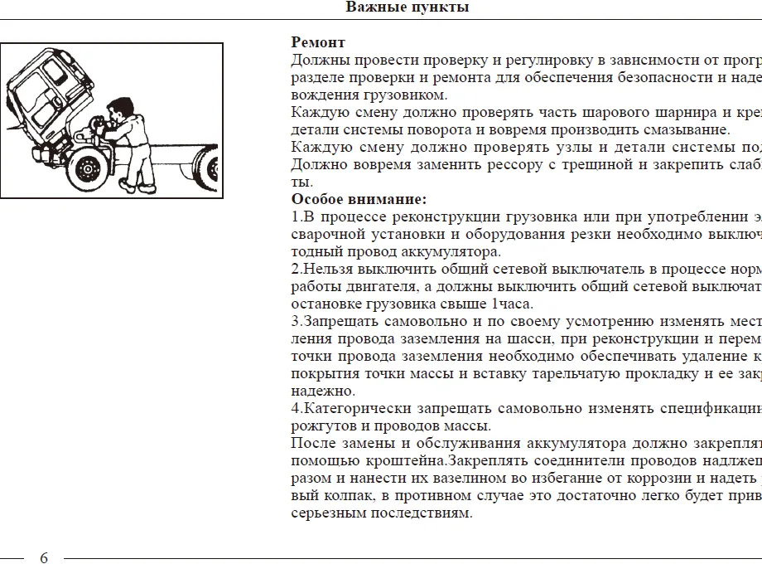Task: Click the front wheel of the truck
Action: coord(86,168)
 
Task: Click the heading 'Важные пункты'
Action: coord(408,7)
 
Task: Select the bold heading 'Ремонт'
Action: coord(318,42)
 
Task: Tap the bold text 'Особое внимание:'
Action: coord(359,199)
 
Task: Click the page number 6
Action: coord(44,557)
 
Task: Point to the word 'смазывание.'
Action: coord(692,129)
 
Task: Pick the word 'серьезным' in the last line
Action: coord(325,513)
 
